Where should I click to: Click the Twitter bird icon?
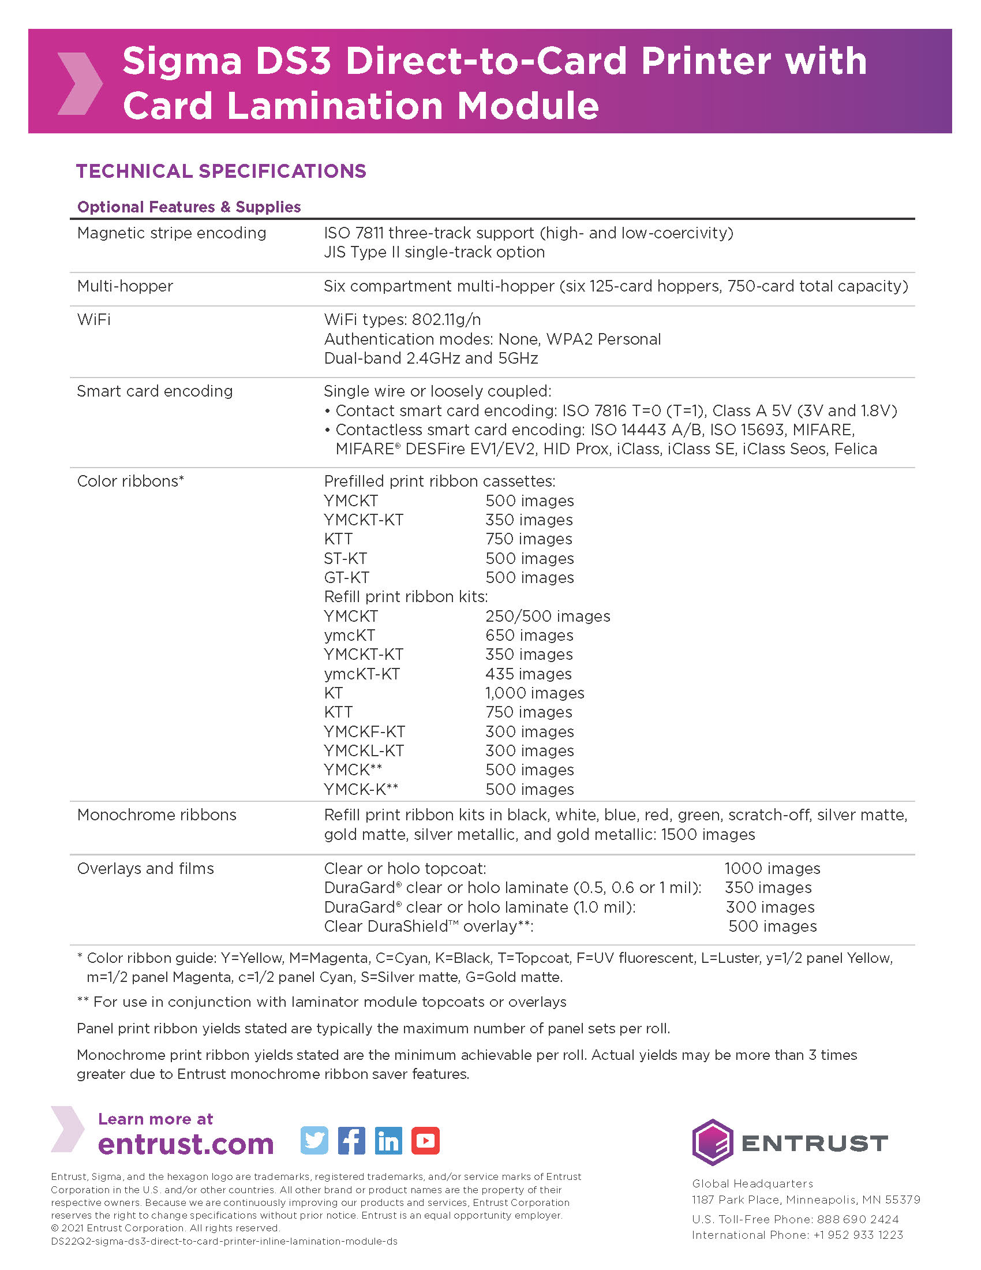tap(314, 1140)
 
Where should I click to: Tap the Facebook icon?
tap(351, 1140)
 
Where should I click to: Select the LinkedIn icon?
tap(388, 1140)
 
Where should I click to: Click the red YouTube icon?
tap(425, 1140)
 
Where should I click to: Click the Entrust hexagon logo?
tap(712, 1142)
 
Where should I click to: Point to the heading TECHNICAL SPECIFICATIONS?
tap(221, 171)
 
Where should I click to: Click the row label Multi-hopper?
tap(125, 286)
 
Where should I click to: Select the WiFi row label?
tap(93, 320)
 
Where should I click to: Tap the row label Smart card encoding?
tap(155, 391)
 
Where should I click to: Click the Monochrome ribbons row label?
tap(156, 815)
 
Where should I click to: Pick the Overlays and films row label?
tap(145, 868)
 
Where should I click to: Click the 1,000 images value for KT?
tap(535, 693)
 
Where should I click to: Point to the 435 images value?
tap(528, 674)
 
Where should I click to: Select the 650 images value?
tap(529, 636)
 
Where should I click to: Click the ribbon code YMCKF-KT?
tap(364, 731)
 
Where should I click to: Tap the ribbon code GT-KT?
tap(346, 577)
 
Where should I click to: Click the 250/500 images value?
tap(548, 617)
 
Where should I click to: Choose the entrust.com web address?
tap(185, 1144)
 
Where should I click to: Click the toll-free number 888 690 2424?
tap(858, 1219)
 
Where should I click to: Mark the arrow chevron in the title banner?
tap(80, 83)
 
